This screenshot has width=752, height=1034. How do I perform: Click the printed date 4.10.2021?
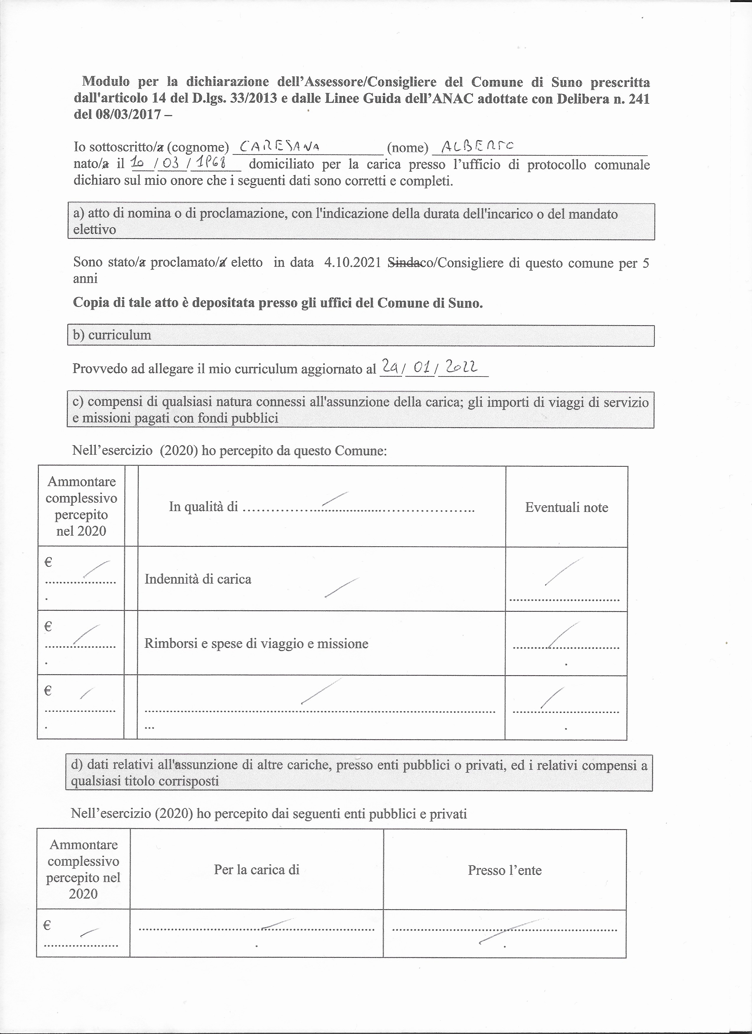pos(352,263)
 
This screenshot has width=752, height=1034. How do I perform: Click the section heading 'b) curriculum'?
pos(112,335)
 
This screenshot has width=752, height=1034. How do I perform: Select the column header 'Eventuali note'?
pos(567,507)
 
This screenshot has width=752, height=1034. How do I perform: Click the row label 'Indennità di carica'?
pos(198,579)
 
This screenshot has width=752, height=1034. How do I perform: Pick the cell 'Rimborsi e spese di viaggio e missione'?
pos(256,643)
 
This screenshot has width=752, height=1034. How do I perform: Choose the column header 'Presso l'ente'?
pos(504,870)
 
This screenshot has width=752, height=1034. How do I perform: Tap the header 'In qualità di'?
pos(203,507)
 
